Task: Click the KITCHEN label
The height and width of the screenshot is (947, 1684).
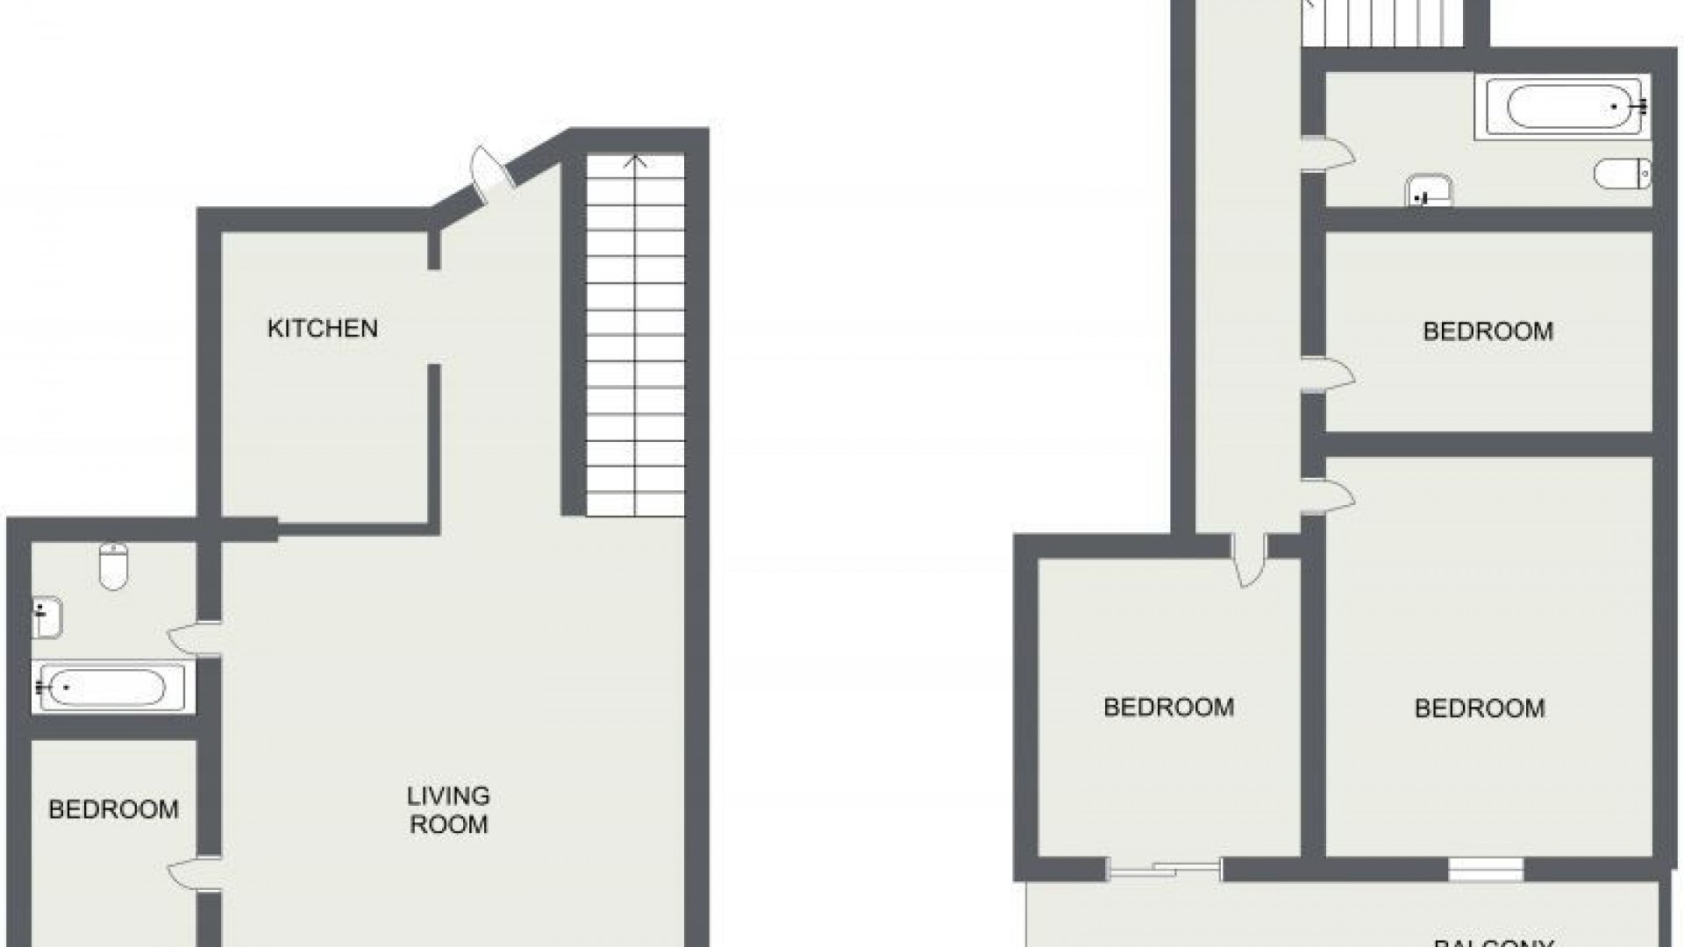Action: point(322,329)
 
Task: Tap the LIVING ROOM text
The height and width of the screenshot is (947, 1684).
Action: point(448,810)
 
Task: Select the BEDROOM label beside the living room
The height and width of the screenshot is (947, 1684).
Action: point(113,809)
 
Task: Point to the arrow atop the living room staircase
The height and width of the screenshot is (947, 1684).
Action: point(635,161)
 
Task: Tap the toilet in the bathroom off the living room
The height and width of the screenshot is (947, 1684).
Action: point(114,566)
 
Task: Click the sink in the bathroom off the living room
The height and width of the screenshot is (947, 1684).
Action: point(46,617)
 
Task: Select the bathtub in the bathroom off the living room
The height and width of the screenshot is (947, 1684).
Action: point(109,687)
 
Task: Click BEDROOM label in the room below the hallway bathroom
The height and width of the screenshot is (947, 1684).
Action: point(1488,331)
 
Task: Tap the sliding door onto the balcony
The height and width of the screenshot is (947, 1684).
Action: point(1165,869)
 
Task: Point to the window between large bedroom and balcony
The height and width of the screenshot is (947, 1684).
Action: point(1485,869)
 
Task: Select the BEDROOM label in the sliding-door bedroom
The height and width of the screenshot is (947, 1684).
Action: point(1168,707)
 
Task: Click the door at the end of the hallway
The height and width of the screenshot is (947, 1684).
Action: point(1248,561)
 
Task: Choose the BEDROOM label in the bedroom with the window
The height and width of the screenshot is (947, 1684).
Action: point(1480,708)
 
